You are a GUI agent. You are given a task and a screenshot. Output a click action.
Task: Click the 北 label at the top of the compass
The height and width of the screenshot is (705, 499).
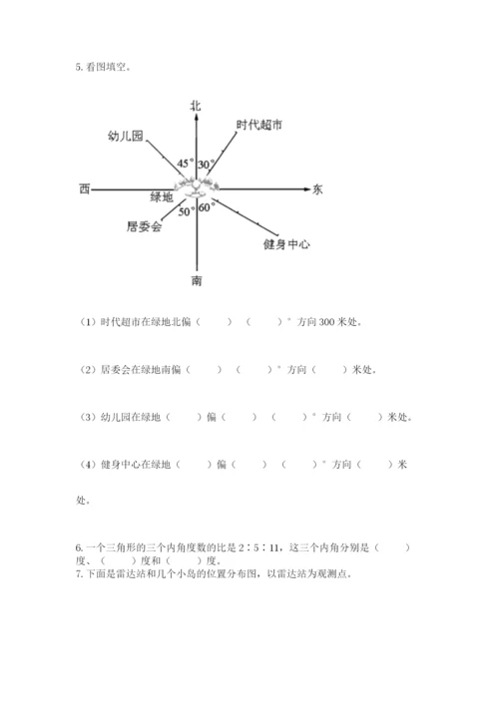[196, 105]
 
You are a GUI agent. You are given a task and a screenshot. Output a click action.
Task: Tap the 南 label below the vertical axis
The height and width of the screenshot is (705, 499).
[197, 281]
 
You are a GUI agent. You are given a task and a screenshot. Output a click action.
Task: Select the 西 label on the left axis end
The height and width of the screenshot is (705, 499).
[84, 188]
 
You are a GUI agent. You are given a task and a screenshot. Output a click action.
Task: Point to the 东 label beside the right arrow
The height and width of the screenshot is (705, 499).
[317, 188]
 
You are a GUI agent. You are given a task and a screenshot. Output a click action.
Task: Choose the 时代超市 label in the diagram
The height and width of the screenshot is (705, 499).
[259, 125]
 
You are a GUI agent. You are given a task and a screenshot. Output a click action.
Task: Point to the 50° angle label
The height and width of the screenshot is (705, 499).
[187, 211]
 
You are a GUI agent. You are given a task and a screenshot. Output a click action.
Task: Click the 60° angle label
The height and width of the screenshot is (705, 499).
[207, 208]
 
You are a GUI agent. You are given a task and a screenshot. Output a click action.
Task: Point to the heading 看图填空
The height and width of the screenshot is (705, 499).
[108, 68]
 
